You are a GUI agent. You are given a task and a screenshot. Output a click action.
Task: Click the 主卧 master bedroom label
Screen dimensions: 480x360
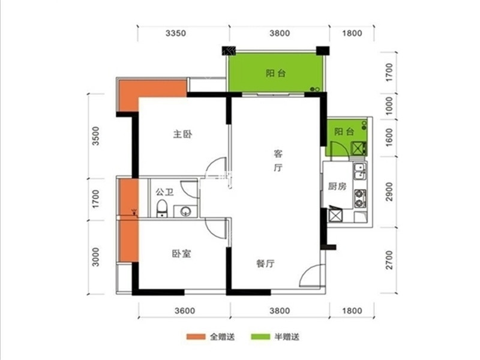(x=183, y=134)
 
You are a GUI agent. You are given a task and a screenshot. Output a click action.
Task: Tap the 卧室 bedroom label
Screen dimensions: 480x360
(x=182, y=254)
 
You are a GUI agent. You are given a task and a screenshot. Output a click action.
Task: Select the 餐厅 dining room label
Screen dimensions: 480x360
(x=265, y=263)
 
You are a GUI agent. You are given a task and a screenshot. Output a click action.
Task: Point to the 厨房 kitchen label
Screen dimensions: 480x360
(x=337, y=186)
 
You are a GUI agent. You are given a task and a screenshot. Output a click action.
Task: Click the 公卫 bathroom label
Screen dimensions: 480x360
(x=164, y=192)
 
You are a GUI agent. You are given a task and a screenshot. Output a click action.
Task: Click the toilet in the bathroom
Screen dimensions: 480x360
(x=161, y=208)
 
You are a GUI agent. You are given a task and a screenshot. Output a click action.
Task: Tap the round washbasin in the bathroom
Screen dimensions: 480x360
(x=185, y=211)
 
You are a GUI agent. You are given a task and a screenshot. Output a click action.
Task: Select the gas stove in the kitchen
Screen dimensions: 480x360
(x=360, y=199)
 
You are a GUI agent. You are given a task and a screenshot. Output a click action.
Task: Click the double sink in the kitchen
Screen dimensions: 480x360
(x=360, y=172)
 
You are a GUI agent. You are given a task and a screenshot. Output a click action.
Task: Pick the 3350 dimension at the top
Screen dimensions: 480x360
(x=176, y=33)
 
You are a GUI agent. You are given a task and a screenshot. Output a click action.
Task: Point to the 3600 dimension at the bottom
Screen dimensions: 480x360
(x=185, y=311)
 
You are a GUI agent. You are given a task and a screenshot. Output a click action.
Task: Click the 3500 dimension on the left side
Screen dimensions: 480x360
(x=96, y=136)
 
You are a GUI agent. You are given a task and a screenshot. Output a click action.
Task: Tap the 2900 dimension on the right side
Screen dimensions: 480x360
(x=389, y=191)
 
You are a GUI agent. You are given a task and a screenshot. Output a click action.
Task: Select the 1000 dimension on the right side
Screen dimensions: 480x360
(x=389, y=106)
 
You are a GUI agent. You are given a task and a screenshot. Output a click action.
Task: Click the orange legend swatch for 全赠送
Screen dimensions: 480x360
(x=196, y=337)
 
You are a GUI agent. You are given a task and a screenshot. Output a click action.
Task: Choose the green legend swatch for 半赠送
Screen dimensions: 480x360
(x=260, y=337)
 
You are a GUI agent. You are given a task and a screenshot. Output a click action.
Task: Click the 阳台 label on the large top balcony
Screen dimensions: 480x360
(x=275, y=73)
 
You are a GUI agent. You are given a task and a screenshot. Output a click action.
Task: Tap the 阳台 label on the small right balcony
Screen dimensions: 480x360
(x=344, y=131)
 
